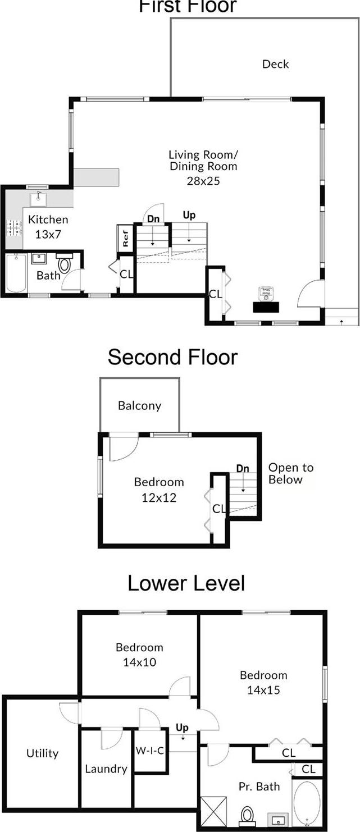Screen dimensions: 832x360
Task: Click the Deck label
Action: click(275, 64)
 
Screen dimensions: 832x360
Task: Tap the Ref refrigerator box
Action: click(125, 236)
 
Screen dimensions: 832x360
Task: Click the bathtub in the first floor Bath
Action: click(16, 273)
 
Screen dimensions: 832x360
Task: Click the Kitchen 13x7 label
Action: click(48, 226)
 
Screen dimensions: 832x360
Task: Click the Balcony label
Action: click(139, 405)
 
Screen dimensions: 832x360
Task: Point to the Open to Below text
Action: click(290, 473)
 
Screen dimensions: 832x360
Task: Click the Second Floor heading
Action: click(172, 357)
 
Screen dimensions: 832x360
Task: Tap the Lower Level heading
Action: click(186, 583)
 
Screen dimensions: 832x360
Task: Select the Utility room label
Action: click(42, 753)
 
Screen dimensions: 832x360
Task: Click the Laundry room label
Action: click(106, 769)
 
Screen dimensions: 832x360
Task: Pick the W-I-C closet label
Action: click(150, 751)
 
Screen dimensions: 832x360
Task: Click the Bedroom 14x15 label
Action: click(263, 682)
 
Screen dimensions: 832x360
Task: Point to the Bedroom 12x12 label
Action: click(158, 489)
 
